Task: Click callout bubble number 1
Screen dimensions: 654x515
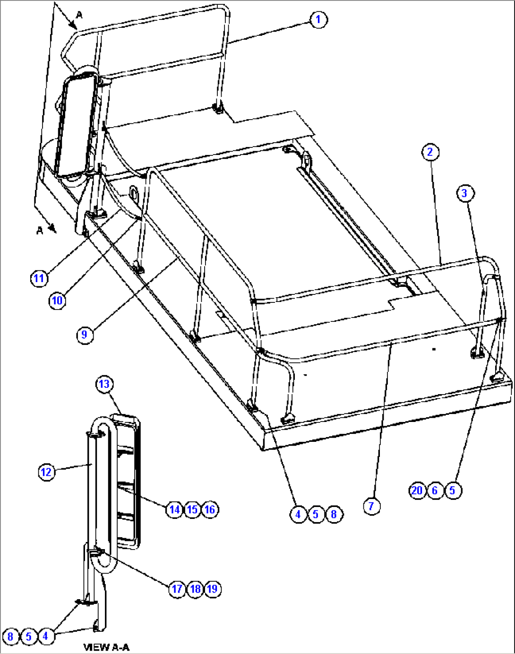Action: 318,19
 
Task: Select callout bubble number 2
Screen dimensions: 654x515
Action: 430,152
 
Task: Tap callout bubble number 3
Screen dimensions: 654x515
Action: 464,193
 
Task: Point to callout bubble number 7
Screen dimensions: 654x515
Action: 371,506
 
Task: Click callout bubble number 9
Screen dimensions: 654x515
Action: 85,335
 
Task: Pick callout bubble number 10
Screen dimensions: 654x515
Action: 57,301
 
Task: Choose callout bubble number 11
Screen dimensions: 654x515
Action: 39,278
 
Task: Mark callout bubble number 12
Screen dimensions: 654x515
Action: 46,472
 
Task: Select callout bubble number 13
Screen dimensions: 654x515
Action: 104,384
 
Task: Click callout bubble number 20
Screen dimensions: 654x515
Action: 417,491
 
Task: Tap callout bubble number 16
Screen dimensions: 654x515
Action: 210,509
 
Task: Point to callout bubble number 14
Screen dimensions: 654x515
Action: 175,509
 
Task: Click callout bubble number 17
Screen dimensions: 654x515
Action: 177,589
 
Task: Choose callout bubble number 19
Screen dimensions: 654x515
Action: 212,589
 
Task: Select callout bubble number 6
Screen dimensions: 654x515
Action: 435,491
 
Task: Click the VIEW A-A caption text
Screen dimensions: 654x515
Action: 106,647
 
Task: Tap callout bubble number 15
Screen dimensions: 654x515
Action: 192,509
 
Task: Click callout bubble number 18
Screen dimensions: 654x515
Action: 195,589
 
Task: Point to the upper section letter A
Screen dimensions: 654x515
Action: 79,15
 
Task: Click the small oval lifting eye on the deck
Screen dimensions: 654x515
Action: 134,194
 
